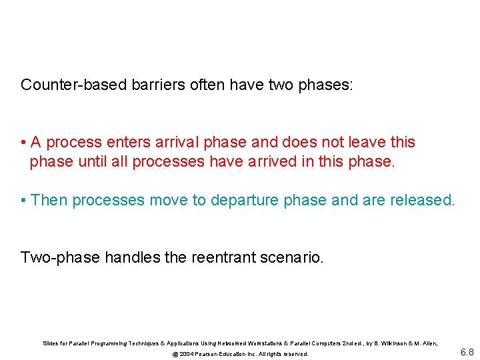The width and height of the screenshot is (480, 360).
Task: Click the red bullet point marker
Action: [23, 143]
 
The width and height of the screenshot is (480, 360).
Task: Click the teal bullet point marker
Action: [23, 200]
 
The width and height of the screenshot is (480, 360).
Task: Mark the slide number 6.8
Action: [467, 351]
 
